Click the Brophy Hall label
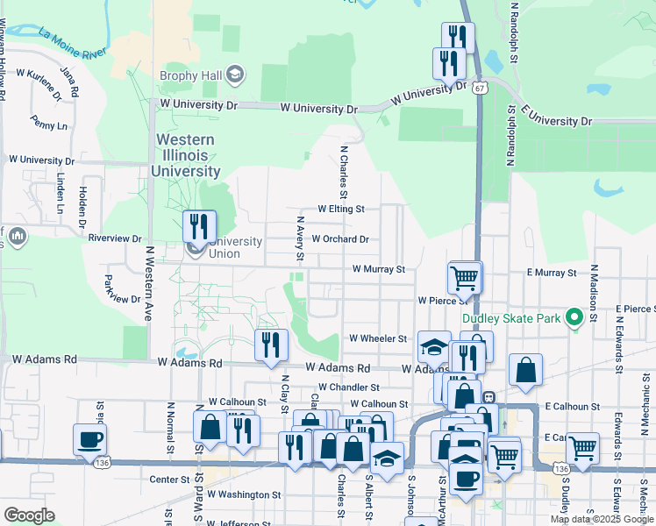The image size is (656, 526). (190, 75)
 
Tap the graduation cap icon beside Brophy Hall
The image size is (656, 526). (234, 75)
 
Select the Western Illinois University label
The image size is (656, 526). (185, 155)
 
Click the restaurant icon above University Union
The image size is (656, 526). (199, 227)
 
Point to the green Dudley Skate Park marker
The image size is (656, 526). (574, 317)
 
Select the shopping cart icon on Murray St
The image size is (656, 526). (464, 278)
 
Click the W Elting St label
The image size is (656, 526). (341, 210)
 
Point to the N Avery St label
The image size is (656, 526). (300, 239)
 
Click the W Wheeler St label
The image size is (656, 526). (378, 338)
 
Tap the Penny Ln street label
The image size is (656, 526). (48, 123)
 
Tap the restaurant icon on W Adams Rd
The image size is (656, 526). (271, 345)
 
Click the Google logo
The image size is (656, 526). (28, 515)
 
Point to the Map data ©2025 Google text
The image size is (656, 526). (602, 519)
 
